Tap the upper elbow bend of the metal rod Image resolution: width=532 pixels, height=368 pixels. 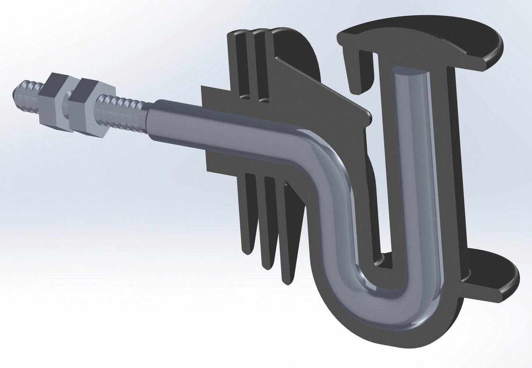point(320,153)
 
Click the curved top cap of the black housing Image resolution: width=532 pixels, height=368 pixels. point(421,35)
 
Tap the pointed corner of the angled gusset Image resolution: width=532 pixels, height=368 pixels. point(368,116)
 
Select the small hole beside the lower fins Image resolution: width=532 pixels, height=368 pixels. point(286,184)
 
